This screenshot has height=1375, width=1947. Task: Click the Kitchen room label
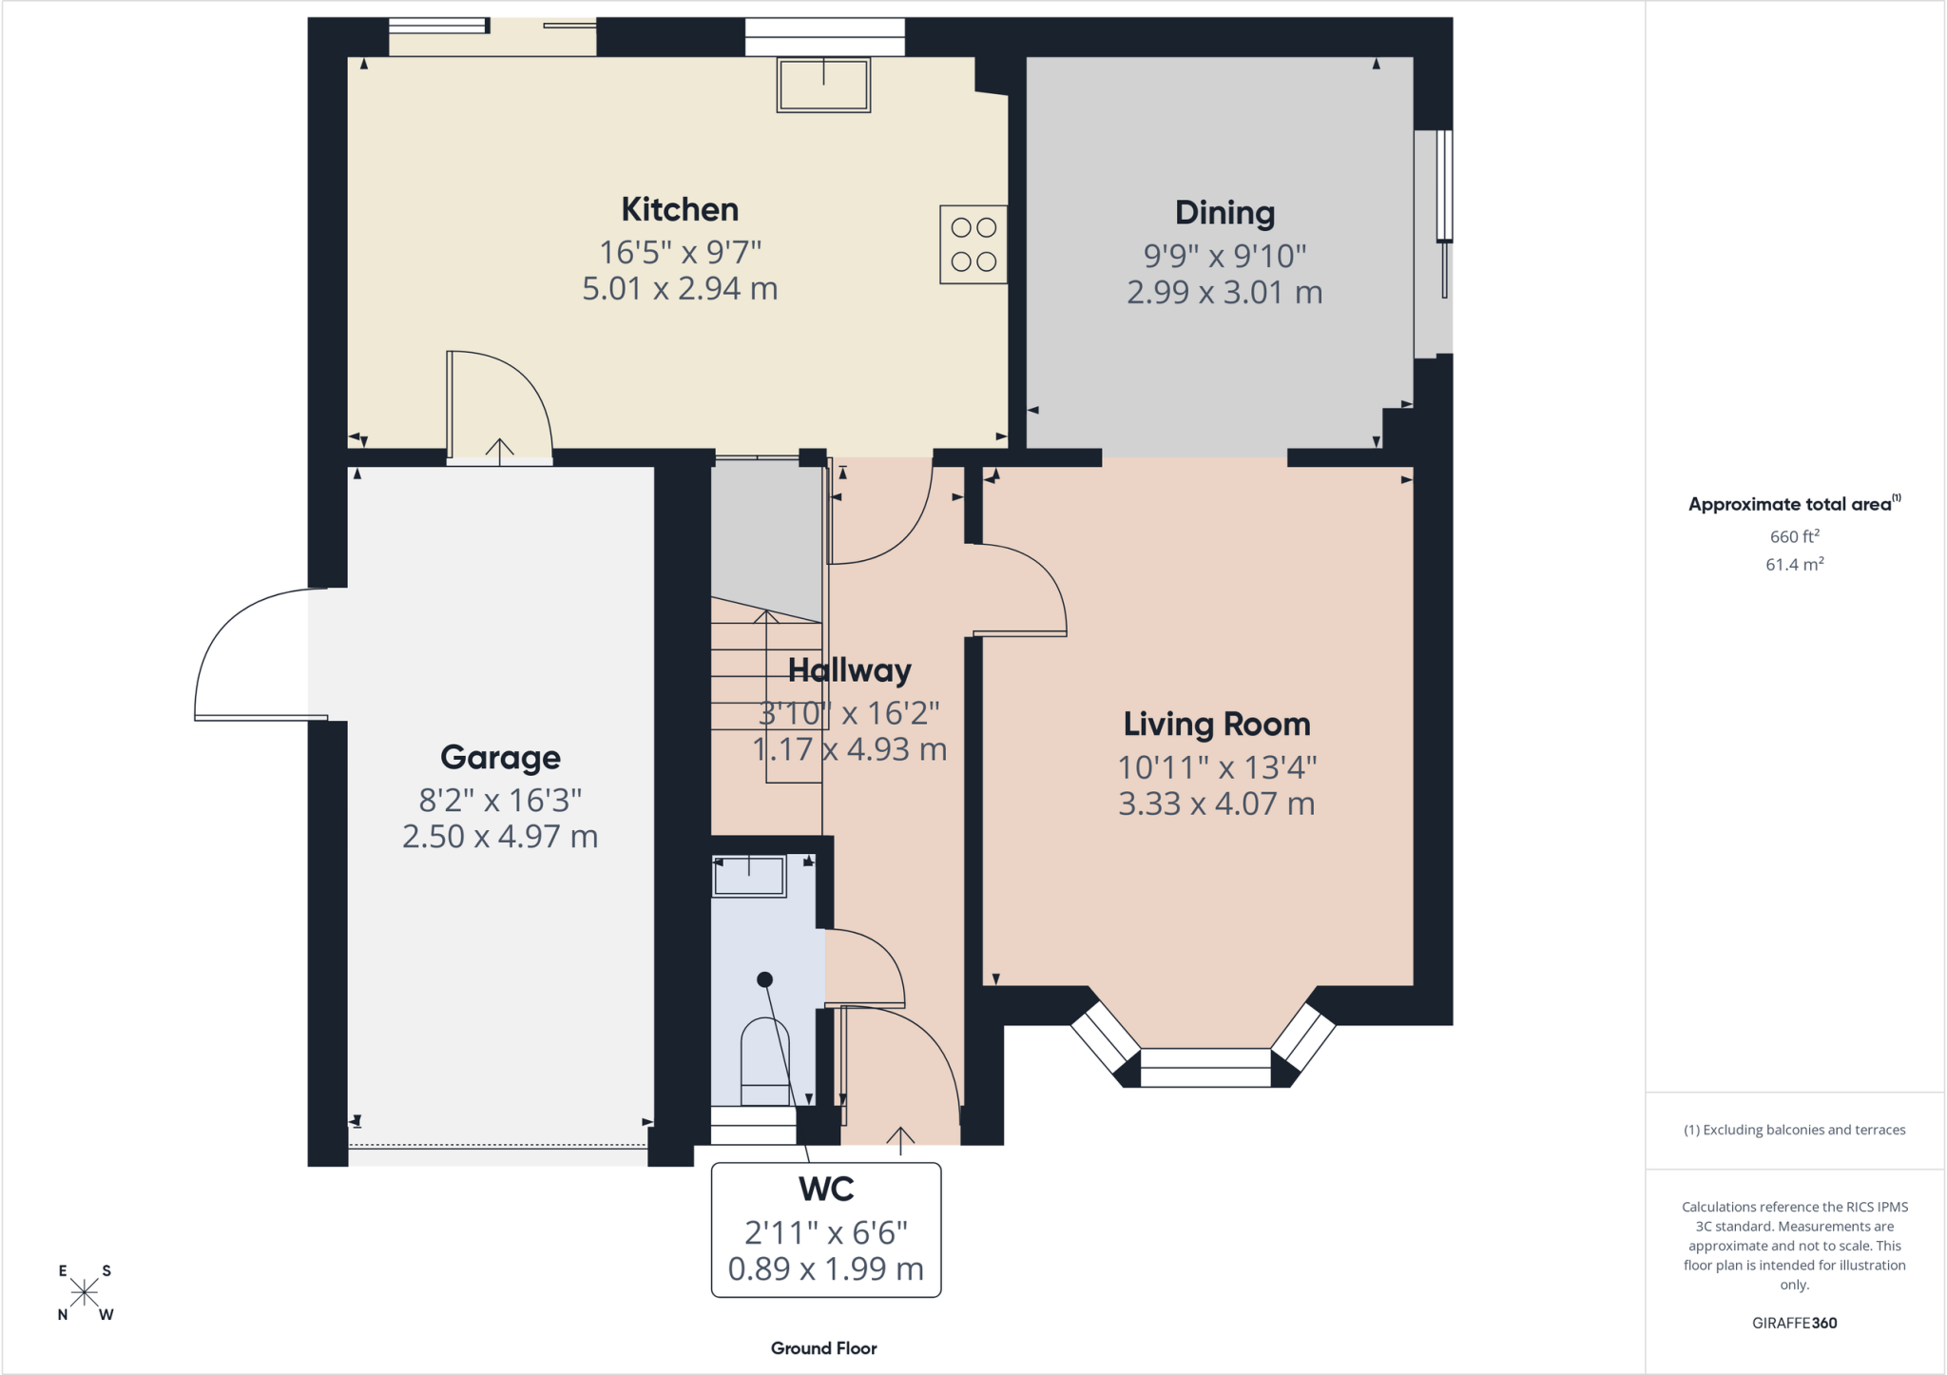pos(680,209)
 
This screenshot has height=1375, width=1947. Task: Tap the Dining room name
pos(1224,213)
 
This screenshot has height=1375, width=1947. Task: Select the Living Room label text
pos(1217,725)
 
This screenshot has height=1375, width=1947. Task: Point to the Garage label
pos(500,758)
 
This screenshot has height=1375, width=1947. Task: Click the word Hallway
pos(850,671)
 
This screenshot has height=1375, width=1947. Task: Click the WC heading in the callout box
pos(826,1189)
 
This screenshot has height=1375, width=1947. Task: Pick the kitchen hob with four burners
pos(973,244)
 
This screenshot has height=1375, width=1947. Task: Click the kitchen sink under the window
pos(823,85)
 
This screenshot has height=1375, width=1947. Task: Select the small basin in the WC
pos(749,876)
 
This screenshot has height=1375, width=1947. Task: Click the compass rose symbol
pos(85,1293)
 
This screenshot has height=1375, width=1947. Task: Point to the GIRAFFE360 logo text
pos(1795,1323)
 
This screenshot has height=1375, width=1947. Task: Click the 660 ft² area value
pos(1795,536)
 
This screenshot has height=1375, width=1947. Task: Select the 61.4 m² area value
pos(1795,564)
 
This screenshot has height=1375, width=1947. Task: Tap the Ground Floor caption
pos(824,1348)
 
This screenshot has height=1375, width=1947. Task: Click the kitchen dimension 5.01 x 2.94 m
pos(680,288)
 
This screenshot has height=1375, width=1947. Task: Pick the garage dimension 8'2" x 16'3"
pos(500,800)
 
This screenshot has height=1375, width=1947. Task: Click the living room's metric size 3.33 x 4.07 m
pos(1217,804)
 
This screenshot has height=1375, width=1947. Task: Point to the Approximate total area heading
pos(1795,503)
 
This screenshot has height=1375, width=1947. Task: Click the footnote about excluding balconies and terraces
pos(1795,1130)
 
